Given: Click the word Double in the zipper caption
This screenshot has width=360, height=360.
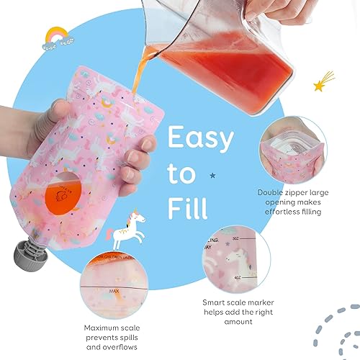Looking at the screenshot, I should pos(272,193).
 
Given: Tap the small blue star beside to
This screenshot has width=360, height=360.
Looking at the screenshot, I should pos(212,175).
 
